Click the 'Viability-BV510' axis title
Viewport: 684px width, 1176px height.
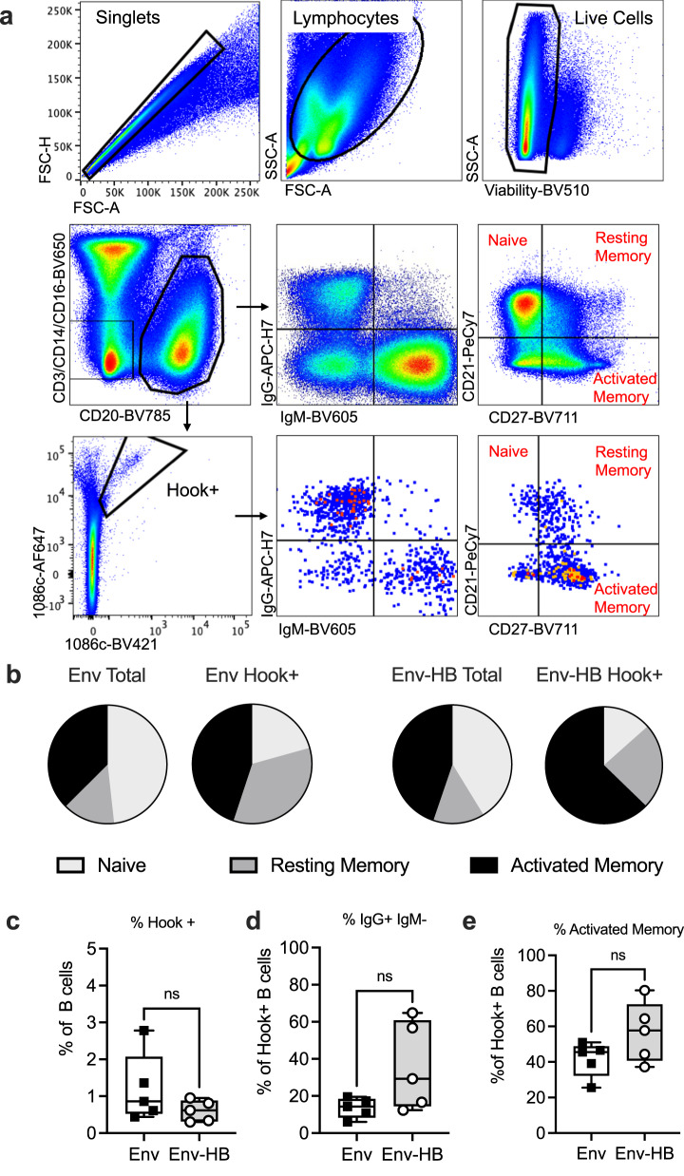point(531,190)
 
